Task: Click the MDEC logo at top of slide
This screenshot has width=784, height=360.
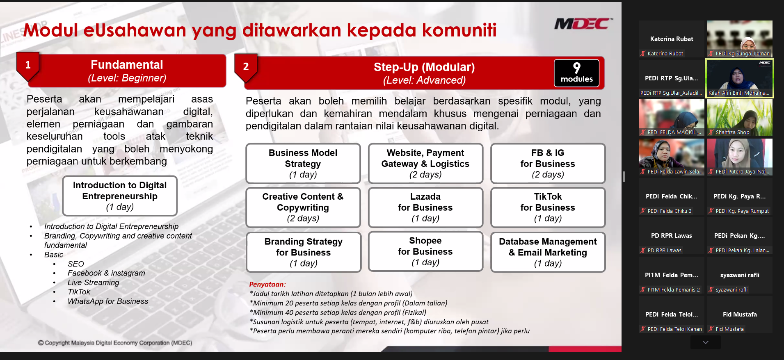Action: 583,24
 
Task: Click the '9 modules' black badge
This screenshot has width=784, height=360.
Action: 576,73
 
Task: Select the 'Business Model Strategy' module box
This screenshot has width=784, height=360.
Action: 303,163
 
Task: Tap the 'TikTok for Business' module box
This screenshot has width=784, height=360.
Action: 547,207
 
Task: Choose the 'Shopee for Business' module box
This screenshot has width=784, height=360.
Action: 425,251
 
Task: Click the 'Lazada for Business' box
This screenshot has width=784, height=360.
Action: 425,207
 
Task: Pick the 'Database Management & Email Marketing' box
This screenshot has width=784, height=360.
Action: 547,252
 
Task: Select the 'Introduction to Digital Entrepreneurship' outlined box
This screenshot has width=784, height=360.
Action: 119,196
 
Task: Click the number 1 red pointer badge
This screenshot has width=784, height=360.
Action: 28,66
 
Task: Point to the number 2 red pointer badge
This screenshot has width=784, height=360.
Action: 246,67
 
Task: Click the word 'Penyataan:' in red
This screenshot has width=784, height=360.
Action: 267,284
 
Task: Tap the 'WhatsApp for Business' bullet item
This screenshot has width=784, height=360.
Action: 107,301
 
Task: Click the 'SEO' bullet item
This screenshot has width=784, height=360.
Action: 75,264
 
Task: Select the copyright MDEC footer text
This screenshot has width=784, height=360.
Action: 115,343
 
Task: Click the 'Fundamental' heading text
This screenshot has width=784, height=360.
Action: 127,65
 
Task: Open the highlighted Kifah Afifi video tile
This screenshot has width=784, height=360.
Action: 739,78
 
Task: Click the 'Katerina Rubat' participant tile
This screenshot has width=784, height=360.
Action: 671,39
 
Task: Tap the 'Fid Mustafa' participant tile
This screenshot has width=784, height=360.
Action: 739,315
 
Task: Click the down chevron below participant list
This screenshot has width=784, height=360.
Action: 705,342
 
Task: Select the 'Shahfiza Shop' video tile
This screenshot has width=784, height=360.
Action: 739,117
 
